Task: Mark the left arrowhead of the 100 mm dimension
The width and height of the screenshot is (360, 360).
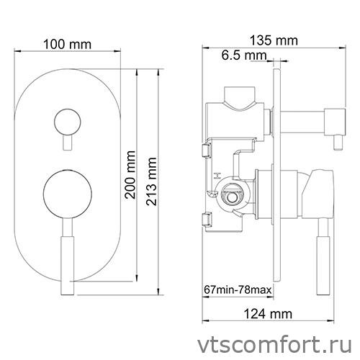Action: click(x=17, y=52)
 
